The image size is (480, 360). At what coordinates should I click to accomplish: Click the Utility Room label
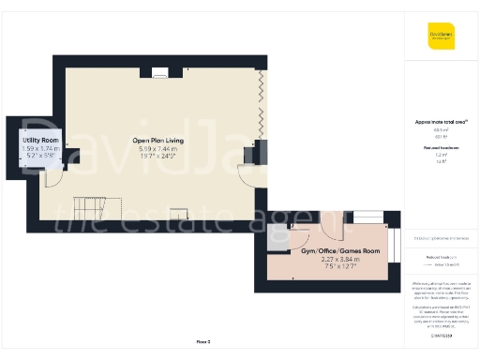point(40,141)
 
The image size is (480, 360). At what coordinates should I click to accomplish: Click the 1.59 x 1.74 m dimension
point(40,149)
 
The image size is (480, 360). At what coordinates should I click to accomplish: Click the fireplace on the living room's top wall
point(160,71)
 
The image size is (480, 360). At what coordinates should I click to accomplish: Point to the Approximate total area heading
point(442,122)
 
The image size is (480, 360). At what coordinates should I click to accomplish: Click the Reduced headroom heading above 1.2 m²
point(442,147)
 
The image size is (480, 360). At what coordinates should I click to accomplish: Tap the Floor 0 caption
point(202,341)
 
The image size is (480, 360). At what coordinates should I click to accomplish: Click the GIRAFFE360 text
point(442,335)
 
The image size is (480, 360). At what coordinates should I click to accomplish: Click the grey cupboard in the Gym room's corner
point(278,237)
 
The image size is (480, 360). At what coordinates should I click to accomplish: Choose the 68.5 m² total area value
point(442,130)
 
